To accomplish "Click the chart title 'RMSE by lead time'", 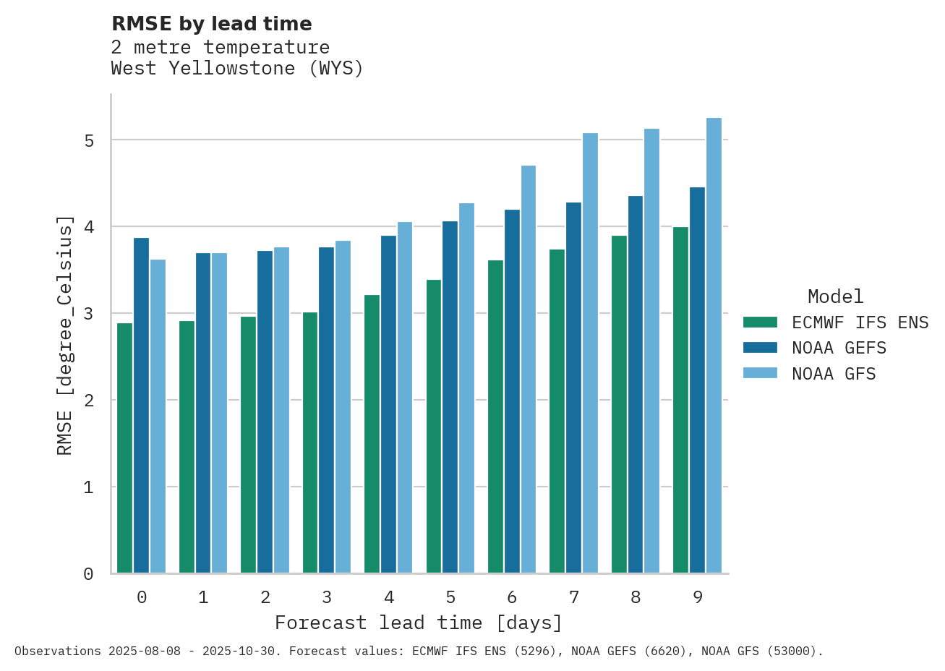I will click(211, 24).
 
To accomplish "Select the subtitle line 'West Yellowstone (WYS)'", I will click(237, 69).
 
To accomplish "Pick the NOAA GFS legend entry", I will click(833, 374).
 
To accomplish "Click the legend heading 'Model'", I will click(835, 296).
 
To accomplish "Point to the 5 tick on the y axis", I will click(89, 140).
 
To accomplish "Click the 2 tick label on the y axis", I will click(89, 401).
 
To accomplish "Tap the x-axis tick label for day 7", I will click(574, 597).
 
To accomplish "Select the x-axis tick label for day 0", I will click(142, 597).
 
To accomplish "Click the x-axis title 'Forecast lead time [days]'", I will click(418, 623).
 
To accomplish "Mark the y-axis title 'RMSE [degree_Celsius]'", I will click(65, 335).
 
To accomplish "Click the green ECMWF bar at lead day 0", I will click(124, 448).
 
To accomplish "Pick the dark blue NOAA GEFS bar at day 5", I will click(450, 397).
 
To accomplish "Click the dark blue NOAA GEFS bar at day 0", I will click(141, 405).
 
